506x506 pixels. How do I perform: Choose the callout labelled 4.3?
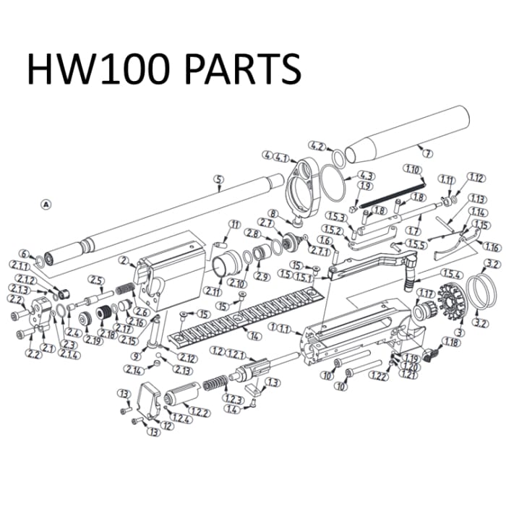coord(365,176)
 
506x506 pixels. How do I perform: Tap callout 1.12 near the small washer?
coord(475,178)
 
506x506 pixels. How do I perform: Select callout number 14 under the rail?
coord(252,335)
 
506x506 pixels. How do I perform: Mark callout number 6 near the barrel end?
coord(24,254)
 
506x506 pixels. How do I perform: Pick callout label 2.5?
coord(94,279)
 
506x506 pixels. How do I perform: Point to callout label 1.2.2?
coord(200,411)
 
